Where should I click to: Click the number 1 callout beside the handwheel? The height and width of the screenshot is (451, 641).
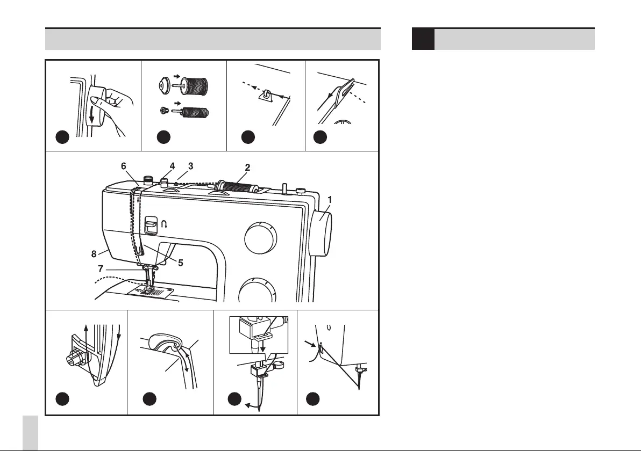(x=330, y=199)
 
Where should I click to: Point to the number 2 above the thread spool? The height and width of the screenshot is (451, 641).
(x=247, y=168)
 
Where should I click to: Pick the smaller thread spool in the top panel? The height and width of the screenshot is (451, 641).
(x=196, y=113)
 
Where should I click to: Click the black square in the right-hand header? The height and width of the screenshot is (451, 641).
(x=423, y=39)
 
